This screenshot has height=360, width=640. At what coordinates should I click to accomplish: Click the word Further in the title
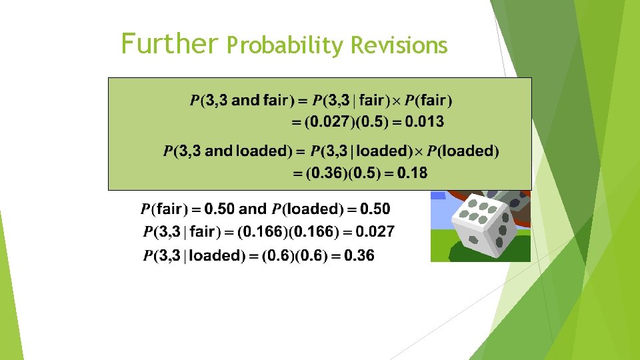169,44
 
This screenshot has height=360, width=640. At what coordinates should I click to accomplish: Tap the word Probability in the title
285,45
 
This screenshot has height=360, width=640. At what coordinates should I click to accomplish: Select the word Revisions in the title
398,45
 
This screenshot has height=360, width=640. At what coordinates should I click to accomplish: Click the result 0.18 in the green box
412,173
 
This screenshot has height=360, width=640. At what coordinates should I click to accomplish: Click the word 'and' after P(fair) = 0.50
252,209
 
